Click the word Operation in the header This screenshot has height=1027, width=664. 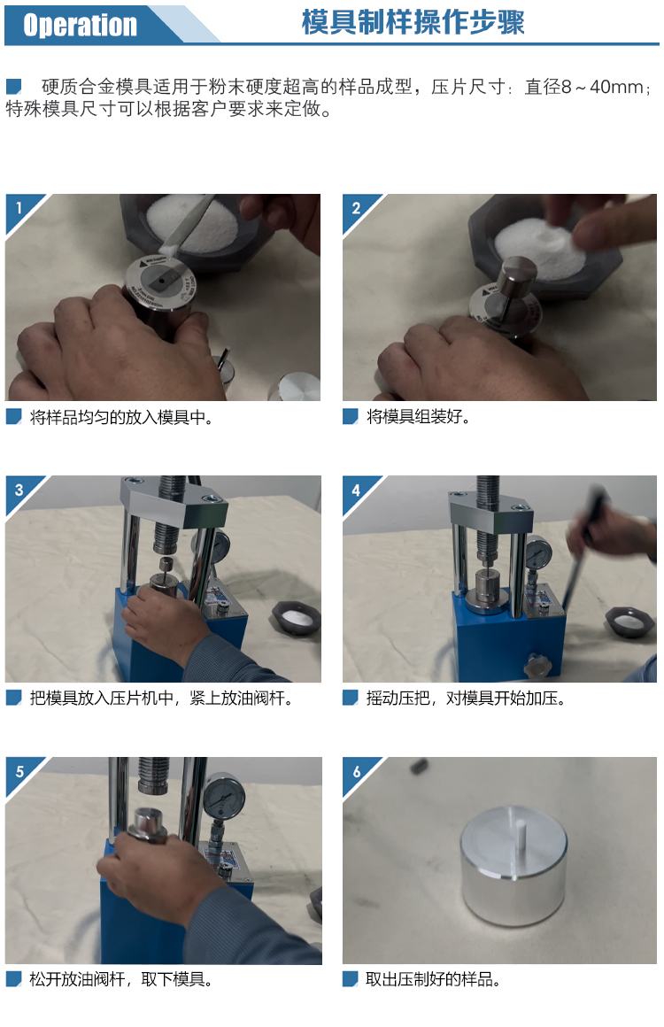pos(80,25)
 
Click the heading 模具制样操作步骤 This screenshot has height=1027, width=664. pos(413,22)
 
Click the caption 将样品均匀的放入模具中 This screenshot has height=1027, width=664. pos(121,417)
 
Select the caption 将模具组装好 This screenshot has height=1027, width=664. pos(419,417)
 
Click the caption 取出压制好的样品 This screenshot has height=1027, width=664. pos(433,979)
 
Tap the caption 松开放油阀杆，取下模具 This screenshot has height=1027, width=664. pos(121,979)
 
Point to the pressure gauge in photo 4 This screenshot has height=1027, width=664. pos(538,552)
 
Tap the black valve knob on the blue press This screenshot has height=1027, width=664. pos(537,666)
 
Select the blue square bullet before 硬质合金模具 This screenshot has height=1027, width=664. pos(14,87)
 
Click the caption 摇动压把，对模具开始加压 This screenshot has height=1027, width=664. pos(466,699)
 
